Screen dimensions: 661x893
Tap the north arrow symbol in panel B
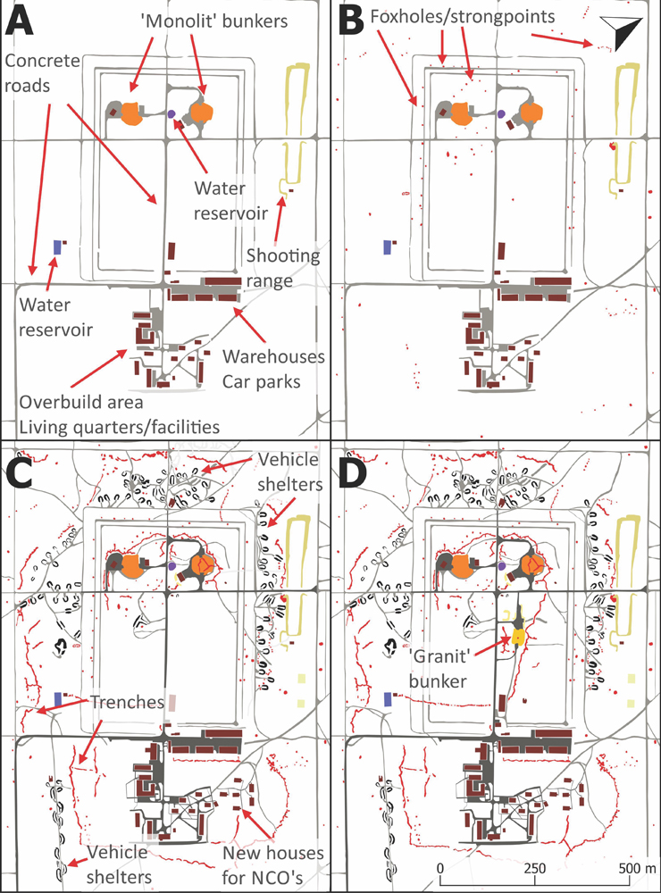[622, 32]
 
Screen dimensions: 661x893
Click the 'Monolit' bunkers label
[214, 21]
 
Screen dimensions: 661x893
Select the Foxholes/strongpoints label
[462, 16]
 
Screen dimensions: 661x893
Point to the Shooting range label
[282, 268]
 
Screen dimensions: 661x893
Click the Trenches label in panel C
[127, 702]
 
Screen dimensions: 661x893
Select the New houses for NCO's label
[273, 865]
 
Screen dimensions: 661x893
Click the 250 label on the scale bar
[534, 869]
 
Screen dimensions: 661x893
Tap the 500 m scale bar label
[637, 869]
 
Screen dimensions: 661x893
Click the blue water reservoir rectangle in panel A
[57, 246]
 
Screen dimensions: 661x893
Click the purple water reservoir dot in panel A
[172, 114]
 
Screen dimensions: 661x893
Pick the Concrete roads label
[42, 73]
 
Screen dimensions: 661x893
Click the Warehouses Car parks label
[273, 369]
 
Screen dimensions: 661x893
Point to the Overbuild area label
[81, 402]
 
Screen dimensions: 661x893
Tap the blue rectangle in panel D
[388, 699]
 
